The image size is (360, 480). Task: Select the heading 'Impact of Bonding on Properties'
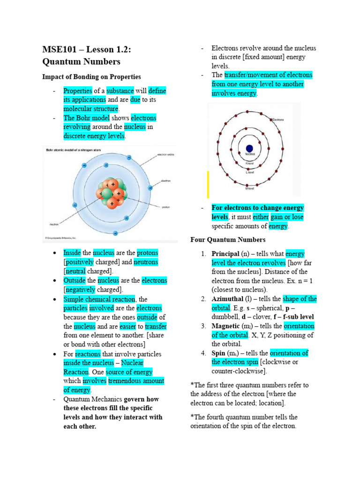pos(91,76)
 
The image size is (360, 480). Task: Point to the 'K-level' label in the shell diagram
pos(250,163)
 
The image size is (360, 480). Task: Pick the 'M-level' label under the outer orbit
pos(250,188)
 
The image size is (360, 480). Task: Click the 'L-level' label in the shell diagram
pos(250,173)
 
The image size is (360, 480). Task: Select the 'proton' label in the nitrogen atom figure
pos(165,207)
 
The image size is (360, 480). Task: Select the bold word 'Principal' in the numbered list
pos(225,254)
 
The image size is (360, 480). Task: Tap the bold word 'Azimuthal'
pos(227,299)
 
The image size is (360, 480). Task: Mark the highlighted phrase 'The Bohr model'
pos(86,118)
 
